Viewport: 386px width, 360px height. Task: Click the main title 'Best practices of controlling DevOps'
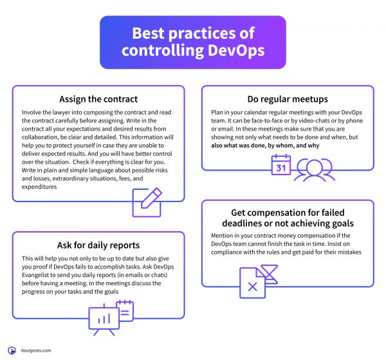coord(193,42)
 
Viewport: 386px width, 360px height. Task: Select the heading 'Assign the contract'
coord(98,99)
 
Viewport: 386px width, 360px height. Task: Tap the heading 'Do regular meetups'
coord(288,99)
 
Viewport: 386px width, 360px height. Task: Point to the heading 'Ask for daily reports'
coord(98,245)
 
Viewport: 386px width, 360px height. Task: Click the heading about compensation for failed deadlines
coord(288,218)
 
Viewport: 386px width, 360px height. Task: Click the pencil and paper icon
coord(147,203)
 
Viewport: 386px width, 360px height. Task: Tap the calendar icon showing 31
coord(281,165)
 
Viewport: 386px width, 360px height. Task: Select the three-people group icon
coord(315,170)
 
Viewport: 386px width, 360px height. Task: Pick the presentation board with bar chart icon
coord(104,319)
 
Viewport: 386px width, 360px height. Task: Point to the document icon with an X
coord(253,283)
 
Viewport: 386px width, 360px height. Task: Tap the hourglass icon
coord(270,274)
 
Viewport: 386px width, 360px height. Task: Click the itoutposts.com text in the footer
coord(36,350)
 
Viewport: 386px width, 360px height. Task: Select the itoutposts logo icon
coord(12,350)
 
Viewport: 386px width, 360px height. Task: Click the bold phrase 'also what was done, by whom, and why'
coord(265,146)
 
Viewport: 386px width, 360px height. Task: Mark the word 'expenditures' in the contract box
coord(39,187)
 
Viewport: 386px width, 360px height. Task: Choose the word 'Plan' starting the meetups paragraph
coord(216,112)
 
